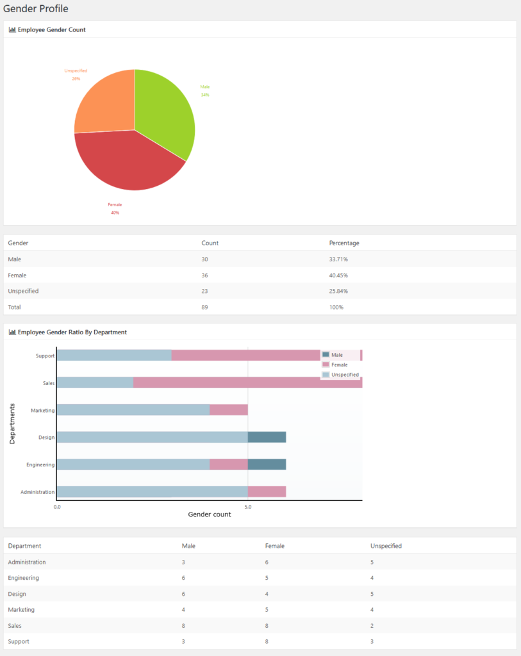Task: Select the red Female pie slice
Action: [x=128, y=160]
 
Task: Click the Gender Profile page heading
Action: [x=36, y=9]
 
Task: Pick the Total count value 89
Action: [x=204, y=307]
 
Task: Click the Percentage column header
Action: [x=344, y=243]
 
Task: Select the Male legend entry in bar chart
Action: [x=336, y=355]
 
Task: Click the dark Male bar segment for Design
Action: [x=267, y=438]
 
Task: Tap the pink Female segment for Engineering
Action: [x=229, y=465]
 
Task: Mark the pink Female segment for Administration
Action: [x=267, y=492]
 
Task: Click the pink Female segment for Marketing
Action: [x=229, y=410]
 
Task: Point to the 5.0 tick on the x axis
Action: [x=248, y=507]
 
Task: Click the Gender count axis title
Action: [x=210, y=514]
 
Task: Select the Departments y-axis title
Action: [x=13, y=423]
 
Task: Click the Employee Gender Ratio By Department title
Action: [x=72, y=332]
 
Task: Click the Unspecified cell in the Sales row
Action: [x=372, y=625]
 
